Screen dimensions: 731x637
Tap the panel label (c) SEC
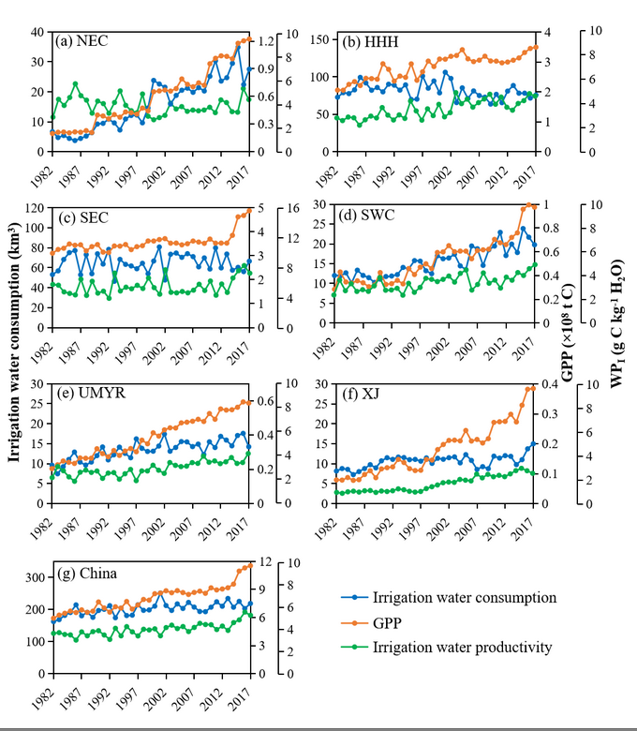coord(81,217)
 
